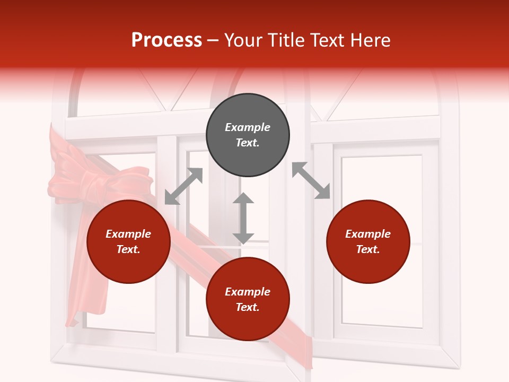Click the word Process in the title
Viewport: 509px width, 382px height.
coord(166,40)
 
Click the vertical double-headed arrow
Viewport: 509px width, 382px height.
coord(243,218)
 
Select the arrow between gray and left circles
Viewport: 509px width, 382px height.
coord(183,186)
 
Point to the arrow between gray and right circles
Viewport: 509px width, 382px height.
coord(311,180)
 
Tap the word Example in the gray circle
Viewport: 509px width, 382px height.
coord(248,127)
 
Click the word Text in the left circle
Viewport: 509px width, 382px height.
coord(128,249)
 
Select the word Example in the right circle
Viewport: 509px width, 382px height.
coord(368,234)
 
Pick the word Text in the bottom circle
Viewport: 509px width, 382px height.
coord(247,307)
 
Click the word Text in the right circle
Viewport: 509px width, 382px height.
coord(367,249)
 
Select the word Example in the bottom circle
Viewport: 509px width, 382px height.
coord(248,292)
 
